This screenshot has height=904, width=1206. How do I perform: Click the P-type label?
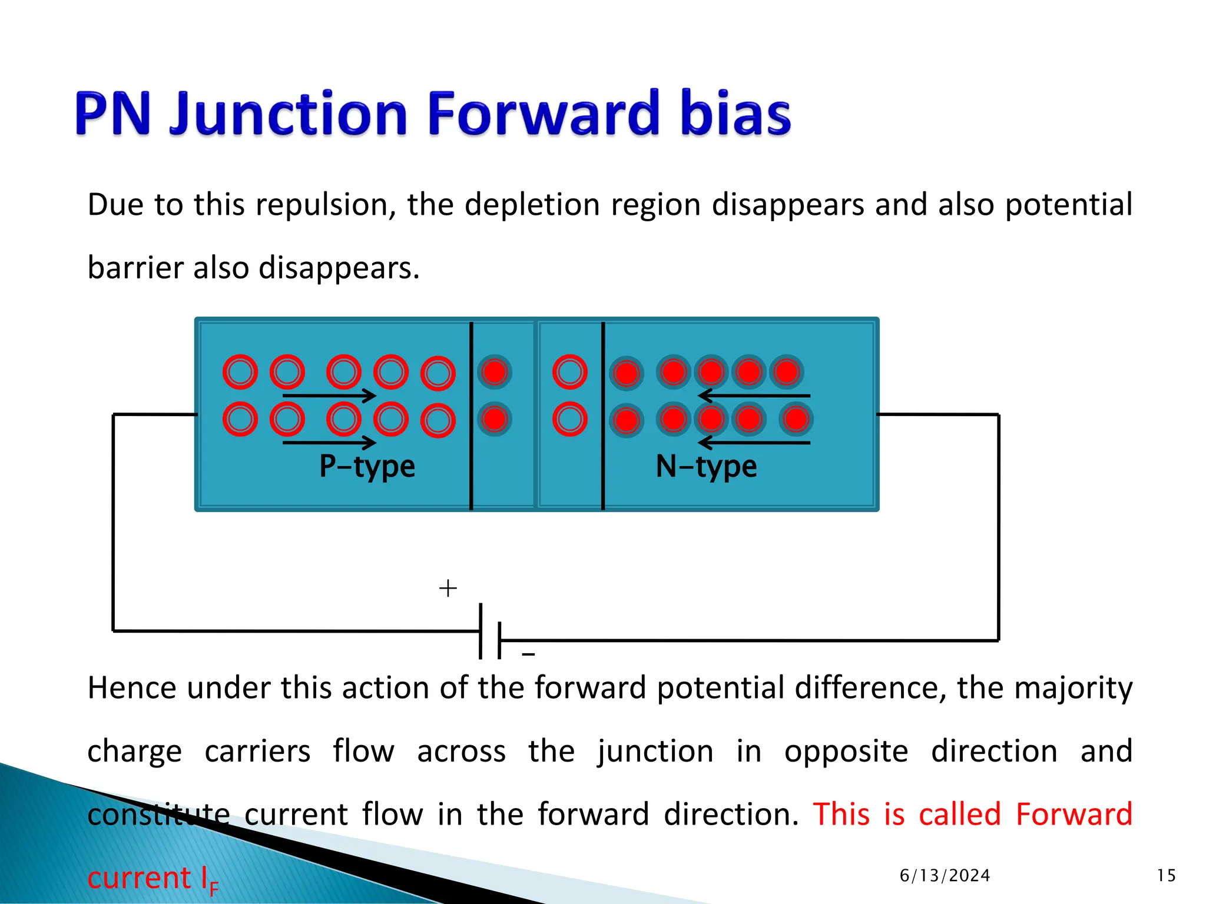pyautogui.click(x=367, y=466)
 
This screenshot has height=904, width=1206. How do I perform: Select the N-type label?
pyautogui.click(x=706, y=466)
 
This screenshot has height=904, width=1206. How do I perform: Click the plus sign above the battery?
pyautogui.click(x=448, y=588)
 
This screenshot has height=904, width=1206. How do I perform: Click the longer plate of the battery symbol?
pyautogui.click(x=481, y=631)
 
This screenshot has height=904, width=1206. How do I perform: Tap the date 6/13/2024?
pyautogui.click(x=945, y=876)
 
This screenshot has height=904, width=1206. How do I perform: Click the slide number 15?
pyautogui.click(x=1166, y=876)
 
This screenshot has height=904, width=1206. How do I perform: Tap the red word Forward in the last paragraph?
pyautogui.click(x=1074, y=815)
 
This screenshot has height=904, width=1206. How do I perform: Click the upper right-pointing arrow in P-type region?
pyautogui.click(x=329, y=395)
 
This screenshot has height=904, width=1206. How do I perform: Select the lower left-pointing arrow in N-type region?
pyautogui.click(x=754, y=443)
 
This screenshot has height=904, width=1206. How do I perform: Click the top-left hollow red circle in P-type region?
pyautogui.click(x=240, y=372)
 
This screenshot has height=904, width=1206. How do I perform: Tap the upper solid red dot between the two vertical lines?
pyautogui.click(x=495, y=372)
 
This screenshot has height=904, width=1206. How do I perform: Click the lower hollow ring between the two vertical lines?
pyautogui.click(x=570, y=419)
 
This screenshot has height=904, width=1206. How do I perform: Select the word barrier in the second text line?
pyautogui.click(x=135, y=268)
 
